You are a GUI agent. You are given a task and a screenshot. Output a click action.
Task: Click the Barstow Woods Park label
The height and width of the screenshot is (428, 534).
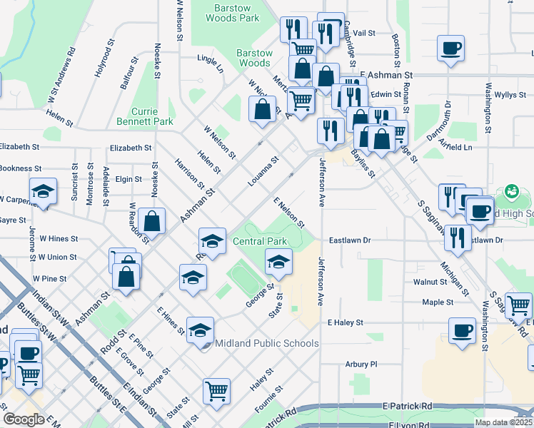pos(232,13)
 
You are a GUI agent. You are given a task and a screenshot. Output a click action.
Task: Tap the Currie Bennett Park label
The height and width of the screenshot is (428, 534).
pos(152,116)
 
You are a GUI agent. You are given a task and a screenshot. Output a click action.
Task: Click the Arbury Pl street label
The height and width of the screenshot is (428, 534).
pos(361,364)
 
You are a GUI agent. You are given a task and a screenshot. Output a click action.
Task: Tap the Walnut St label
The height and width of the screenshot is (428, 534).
pos(430,282)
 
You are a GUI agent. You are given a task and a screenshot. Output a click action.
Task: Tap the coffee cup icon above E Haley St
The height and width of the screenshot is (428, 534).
pos(463,330)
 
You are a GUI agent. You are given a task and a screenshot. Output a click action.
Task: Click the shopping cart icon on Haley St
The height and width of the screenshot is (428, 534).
pos(216,390)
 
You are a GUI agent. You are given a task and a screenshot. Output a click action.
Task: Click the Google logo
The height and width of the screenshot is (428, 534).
pos(23,419)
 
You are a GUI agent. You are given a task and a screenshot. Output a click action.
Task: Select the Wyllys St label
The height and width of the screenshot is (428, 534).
pos(510,94)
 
